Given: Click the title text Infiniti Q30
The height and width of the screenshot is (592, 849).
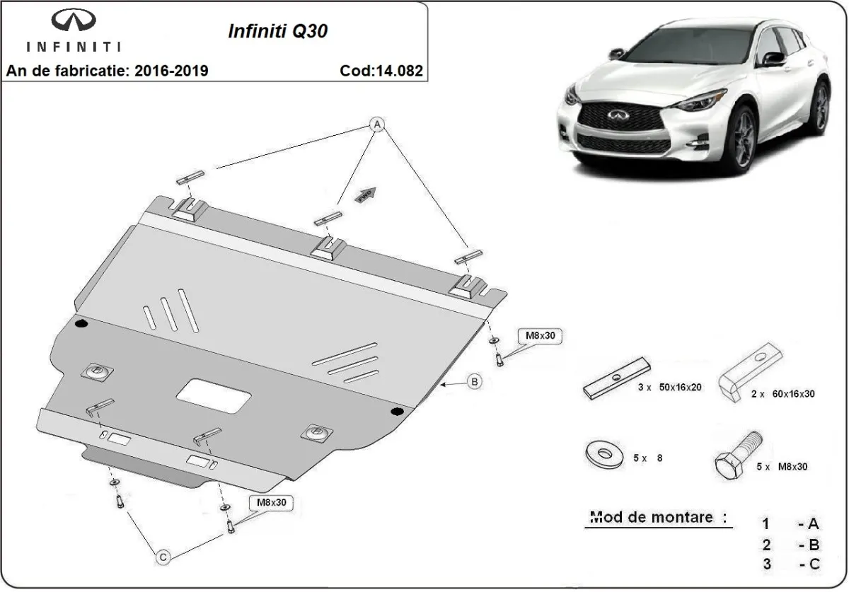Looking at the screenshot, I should coord(277,32).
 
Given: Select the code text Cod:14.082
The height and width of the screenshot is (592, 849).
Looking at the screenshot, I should coord(381,71).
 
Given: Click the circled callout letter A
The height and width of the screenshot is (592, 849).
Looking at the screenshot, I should coord(378,124).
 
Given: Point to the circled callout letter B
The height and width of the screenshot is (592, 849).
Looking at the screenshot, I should coord(475,382).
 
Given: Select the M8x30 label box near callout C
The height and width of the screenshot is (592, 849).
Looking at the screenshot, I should coord(272,503).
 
